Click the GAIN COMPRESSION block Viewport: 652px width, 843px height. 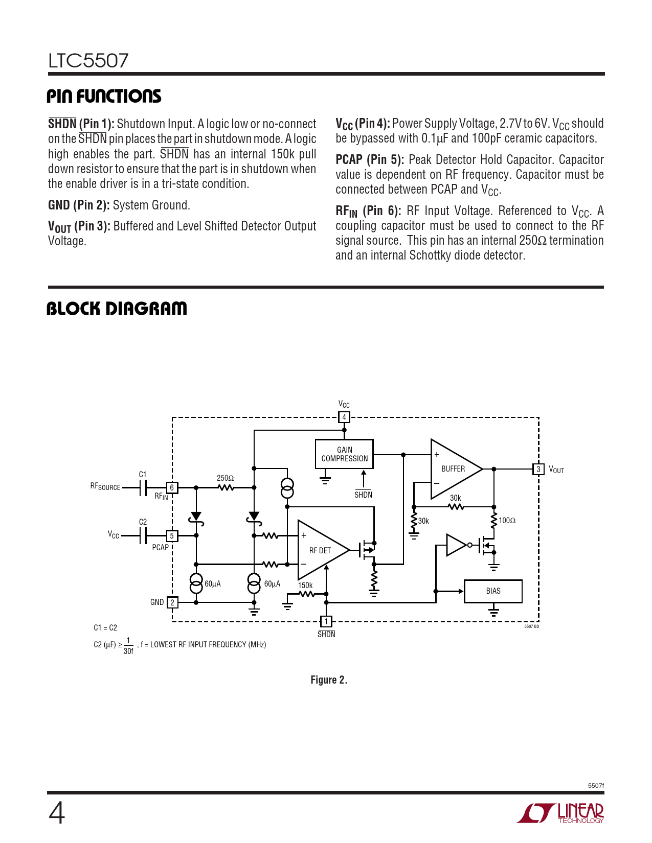344,454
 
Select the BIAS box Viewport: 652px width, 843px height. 493,591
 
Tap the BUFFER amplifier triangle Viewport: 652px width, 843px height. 453,469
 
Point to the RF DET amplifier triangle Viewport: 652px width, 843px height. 320,550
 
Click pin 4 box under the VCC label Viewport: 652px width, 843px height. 344,417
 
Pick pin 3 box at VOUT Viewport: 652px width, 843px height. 538,469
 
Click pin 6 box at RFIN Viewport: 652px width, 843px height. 172,487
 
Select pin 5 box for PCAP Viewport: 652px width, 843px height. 172,536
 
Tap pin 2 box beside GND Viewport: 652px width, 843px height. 172,602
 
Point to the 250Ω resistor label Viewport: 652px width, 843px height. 225,478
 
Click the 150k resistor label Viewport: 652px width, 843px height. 305,586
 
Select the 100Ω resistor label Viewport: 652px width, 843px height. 507,521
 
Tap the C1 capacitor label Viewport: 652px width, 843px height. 143,475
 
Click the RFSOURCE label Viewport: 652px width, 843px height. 105,487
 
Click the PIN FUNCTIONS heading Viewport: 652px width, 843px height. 104,96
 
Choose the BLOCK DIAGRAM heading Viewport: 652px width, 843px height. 117,309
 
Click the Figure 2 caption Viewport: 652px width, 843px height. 329,680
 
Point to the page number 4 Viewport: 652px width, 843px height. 57,813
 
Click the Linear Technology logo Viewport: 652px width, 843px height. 560,813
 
